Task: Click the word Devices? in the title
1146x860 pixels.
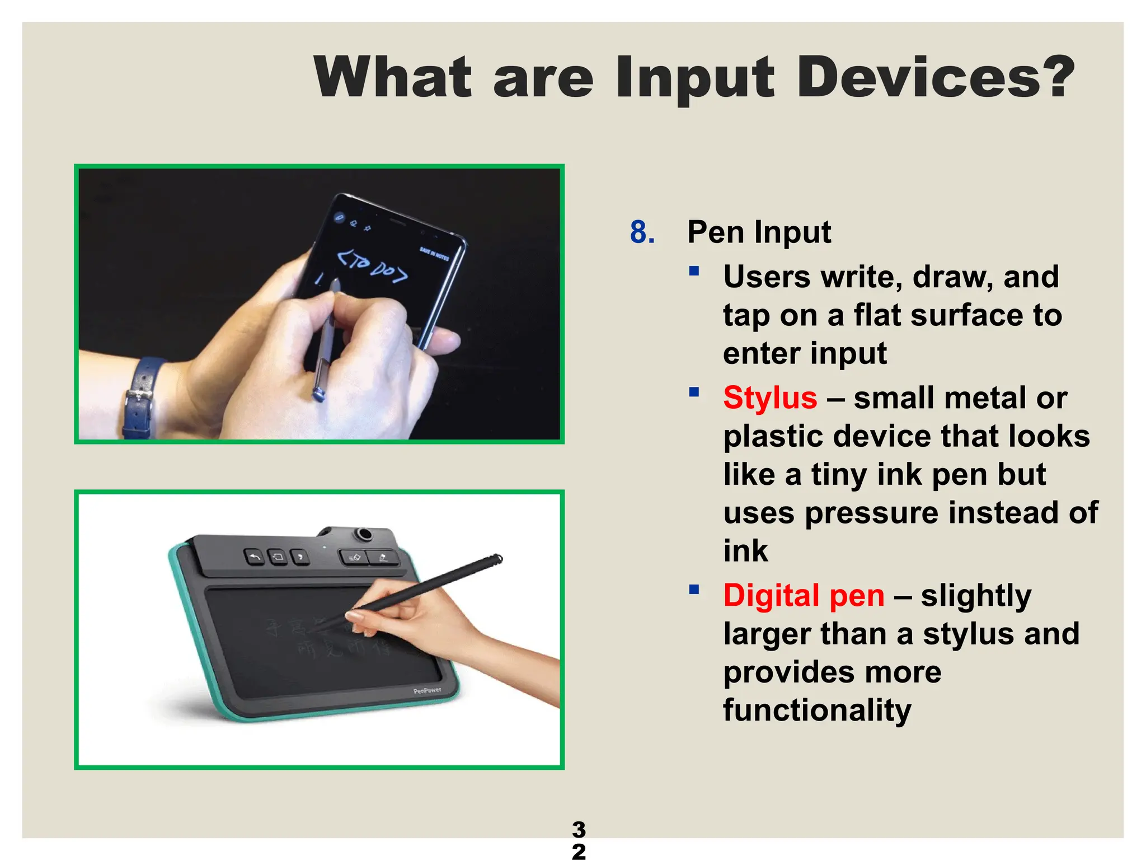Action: tap(934, 77)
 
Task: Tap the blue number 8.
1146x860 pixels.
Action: tap(642, 232)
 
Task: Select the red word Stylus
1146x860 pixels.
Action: tap(770, 398)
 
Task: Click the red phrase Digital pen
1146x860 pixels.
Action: tap(804, 595)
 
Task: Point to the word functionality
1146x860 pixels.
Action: tap(817, 710)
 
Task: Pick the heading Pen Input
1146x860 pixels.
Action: tap(759, 232)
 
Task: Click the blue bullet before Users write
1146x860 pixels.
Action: tap(694, 272)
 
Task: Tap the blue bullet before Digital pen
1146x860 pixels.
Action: tap(694, 590)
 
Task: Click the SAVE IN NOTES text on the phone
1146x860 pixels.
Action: tap(435, 254)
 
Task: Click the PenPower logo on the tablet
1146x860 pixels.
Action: tap(427, 691)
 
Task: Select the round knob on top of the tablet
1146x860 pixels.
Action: tap(365, 534)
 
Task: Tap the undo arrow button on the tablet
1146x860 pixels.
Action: tap(255, 557)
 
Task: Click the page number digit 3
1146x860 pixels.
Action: tap(579, 829)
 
